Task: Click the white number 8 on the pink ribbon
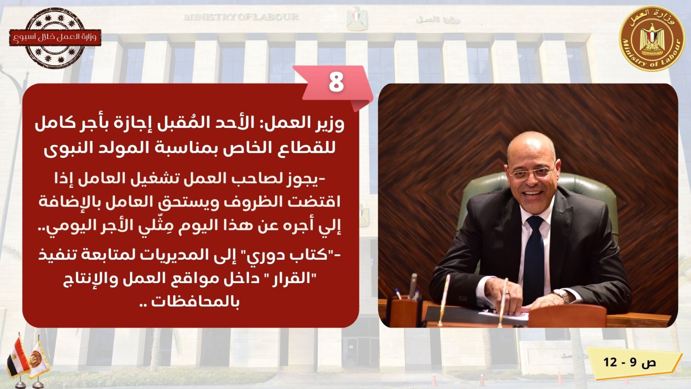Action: [x=336, y=82]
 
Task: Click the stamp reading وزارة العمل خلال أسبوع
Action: [x=55, y=38]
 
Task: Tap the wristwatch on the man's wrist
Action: [x=562, y=296]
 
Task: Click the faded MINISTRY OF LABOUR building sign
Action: [x=241, y=17]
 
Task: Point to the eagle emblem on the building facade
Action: [x=357, y=19]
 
